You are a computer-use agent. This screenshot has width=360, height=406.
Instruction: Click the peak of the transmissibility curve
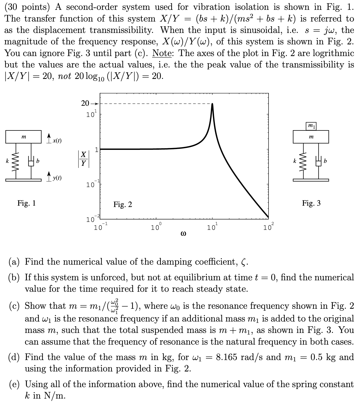tap(212, 104)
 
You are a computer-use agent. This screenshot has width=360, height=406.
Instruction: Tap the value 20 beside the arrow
tap(85, 103)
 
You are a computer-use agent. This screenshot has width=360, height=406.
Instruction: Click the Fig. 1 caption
tap(26, 203)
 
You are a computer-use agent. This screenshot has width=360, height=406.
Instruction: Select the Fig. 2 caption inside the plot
tap(123, 204)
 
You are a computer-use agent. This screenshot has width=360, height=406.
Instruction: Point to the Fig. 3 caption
tap(311, 203)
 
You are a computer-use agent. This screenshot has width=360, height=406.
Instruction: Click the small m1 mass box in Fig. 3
tap(311, 126)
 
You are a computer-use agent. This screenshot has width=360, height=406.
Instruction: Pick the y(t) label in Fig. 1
tap(57, 178)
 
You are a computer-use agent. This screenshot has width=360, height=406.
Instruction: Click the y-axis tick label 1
tap(97, 150)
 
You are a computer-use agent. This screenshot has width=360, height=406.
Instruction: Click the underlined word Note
tap(163, 53)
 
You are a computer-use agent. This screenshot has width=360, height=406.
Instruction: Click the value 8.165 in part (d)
tap(226, 357)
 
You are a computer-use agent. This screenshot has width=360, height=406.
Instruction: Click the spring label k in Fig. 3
tap(295, 161)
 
